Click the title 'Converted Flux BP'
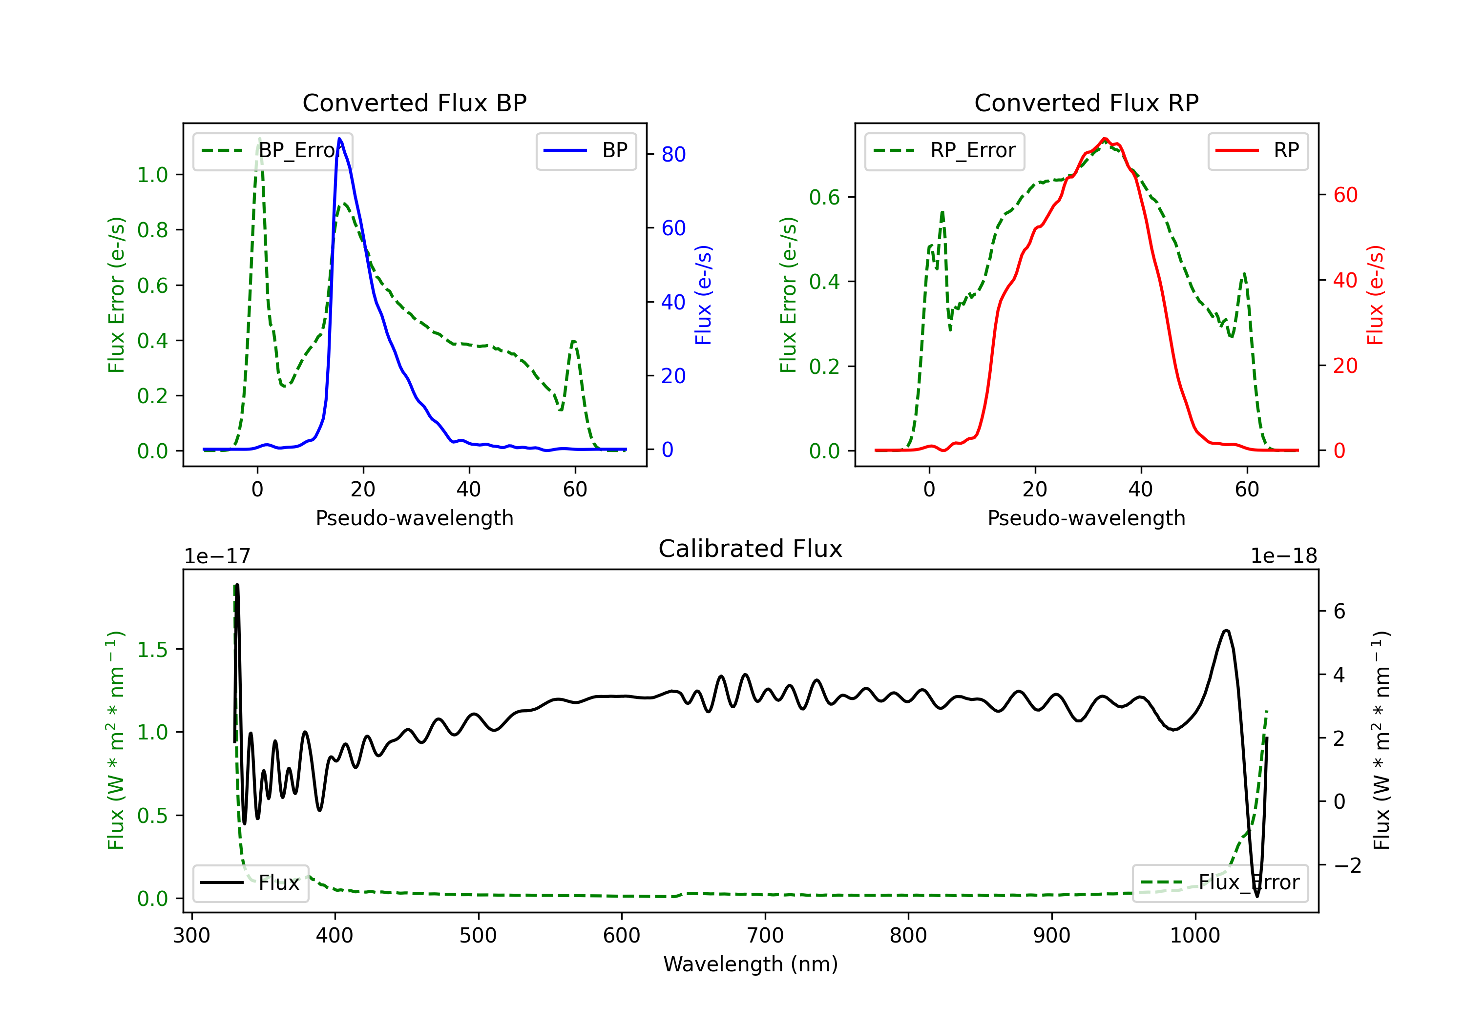(414, 102)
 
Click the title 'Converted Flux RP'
(1086, 102)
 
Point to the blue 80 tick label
(673, 154)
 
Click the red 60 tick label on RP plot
(1345, 195)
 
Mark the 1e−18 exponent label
(1283, 556)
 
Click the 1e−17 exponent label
(218, 556)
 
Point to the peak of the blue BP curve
(339, 139)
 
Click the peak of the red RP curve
(1105, 139)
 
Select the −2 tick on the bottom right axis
(1347, 865)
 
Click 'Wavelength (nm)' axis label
(751, 964)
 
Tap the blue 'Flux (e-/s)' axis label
(703, 295)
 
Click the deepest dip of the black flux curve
(1257, 896)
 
